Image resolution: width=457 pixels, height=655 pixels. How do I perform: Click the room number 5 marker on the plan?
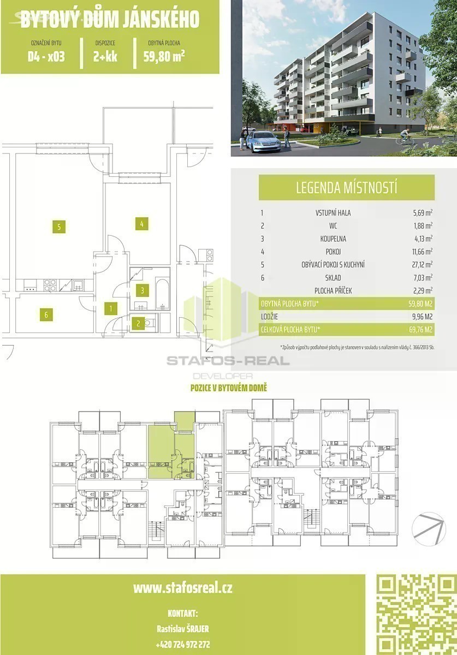[x=59, y=227]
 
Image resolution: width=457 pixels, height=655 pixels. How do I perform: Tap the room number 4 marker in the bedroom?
[x=141, y=224]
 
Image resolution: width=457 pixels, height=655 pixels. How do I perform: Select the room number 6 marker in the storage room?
[x=46, y=314]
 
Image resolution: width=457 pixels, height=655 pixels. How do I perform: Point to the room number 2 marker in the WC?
[x=138, y=323]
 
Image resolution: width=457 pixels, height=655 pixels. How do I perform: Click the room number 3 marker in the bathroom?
[x=142, y=290]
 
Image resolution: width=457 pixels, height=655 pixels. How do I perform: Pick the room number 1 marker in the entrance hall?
[x=111, y=308]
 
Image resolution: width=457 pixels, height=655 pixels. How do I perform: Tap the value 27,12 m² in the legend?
[x=423, y=264]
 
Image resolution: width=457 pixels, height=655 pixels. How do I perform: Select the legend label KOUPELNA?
[x=333, y=239]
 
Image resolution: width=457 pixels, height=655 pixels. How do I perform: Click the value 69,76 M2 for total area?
[x=420, y=330]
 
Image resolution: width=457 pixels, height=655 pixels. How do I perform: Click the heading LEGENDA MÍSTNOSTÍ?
[x=346, y=187]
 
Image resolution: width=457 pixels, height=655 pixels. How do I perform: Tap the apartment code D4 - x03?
[x=46, y=56]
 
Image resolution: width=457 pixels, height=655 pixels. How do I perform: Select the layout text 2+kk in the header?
[x=105, y=56]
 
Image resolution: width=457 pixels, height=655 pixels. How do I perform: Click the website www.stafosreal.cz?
[x=182, y=588]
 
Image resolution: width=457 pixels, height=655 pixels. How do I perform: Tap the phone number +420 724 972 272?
[x=183, y=644]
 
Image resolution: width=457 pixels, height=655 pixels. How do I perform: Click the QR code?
[x=417, y=615]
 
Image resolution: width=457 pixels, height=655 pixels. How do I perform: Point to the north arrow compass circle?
[x=429, y=529]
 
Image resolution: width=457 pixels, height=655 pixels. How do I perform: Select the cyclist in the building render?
[x=405, y=137]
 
